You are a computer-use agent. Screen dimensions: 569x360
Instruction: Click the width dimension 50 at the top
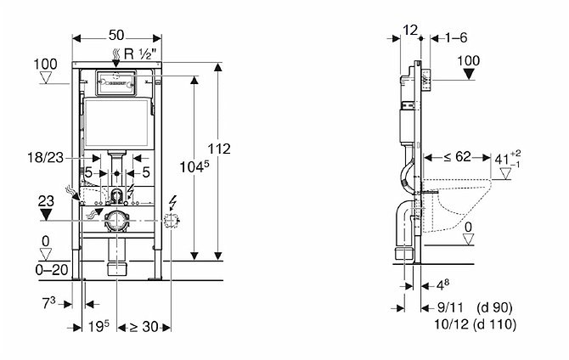click(x=116, y=35)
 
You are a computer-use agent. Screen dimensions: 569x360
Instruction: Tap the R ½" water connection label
click(x=140, y=54)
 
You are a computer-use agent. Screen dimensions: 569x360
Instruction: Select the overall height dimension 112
click(x=219, y=149)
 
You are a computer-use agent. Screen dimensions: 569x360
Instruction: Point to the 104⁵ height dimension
click(x=194, y=167)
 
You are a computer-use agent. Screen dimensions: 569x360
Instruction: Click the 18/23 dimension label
click(x=45, y=158)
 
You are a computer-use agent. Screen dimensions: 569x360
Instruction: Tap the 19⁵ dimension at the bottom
click(x=99, y=327)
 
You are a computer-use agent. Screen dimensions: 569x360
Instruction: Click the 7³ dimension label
click(x=48, y=303)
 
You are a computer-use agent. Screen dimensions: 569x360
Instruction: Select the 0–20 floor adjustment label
click(x=52, y=270)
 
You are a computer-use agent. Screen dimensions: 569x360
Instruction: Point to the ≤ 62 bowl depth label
click(x=457, y=157)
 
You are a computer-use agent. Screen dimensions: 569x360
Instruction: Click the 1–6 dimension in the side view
click(x=456, y=37)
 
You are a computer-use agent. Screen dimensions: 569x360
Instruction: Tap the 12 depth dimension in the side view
click(x=410, y=30)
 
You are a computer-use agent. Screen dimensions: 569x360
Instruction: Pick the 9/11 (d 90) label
click(x=475, y=307)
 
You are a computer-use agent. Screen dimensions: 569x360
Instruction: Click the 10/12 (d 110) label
click(x=476, y=323)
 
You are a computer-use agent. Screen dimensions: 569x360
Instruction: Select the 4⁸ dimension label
click(x=442, y=285)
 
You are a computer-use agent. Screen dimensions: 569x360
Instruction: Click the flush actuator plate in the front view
click(x=116, y=82)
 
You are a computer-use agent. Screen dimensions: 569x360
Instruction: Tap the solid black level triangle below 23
click(x=46, y=214)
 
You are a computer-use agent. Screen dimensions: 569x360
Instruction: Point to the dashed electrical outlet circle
click(x=171, y=220)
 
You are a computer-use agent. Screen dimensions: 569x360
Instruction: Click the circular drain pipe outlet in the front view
click(x=116, y=220)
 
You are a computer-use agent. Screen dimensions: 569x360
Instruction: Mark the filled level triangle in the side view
click(x=469, y=74)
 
